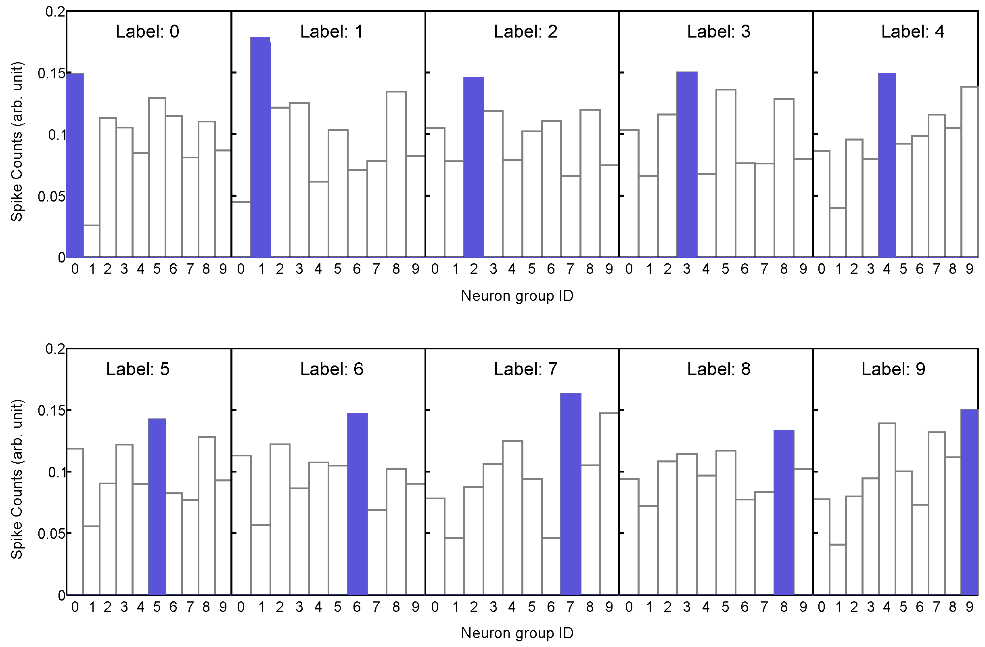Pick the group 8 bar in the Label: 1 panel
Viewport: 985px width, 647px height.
pos(396,174)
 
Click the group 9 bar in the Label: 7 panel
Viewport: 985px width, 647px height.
pos(609,503)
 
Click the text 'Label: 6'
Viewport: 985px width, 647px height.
pos(332,369)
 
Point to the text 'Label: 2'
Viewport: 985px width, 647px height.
pos(525,32)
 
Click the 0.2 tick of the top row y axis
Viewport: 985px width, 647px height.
pos(55,12)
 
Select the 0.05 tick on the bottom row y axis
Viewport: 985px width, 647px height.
pos(51,534)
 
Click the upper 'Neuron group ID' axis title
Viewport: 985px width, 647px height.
pos(517,296)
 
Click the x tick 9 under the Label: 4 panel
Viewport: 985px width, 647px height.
pos(969,270)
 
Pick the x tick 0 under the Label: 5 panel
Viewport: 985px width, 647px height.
pos(75,607)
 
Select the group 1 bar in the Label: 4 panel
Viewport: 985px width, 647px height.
pos(838,232)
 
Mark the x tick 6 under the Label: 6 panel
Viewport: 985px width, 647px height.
pos(357,607)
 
